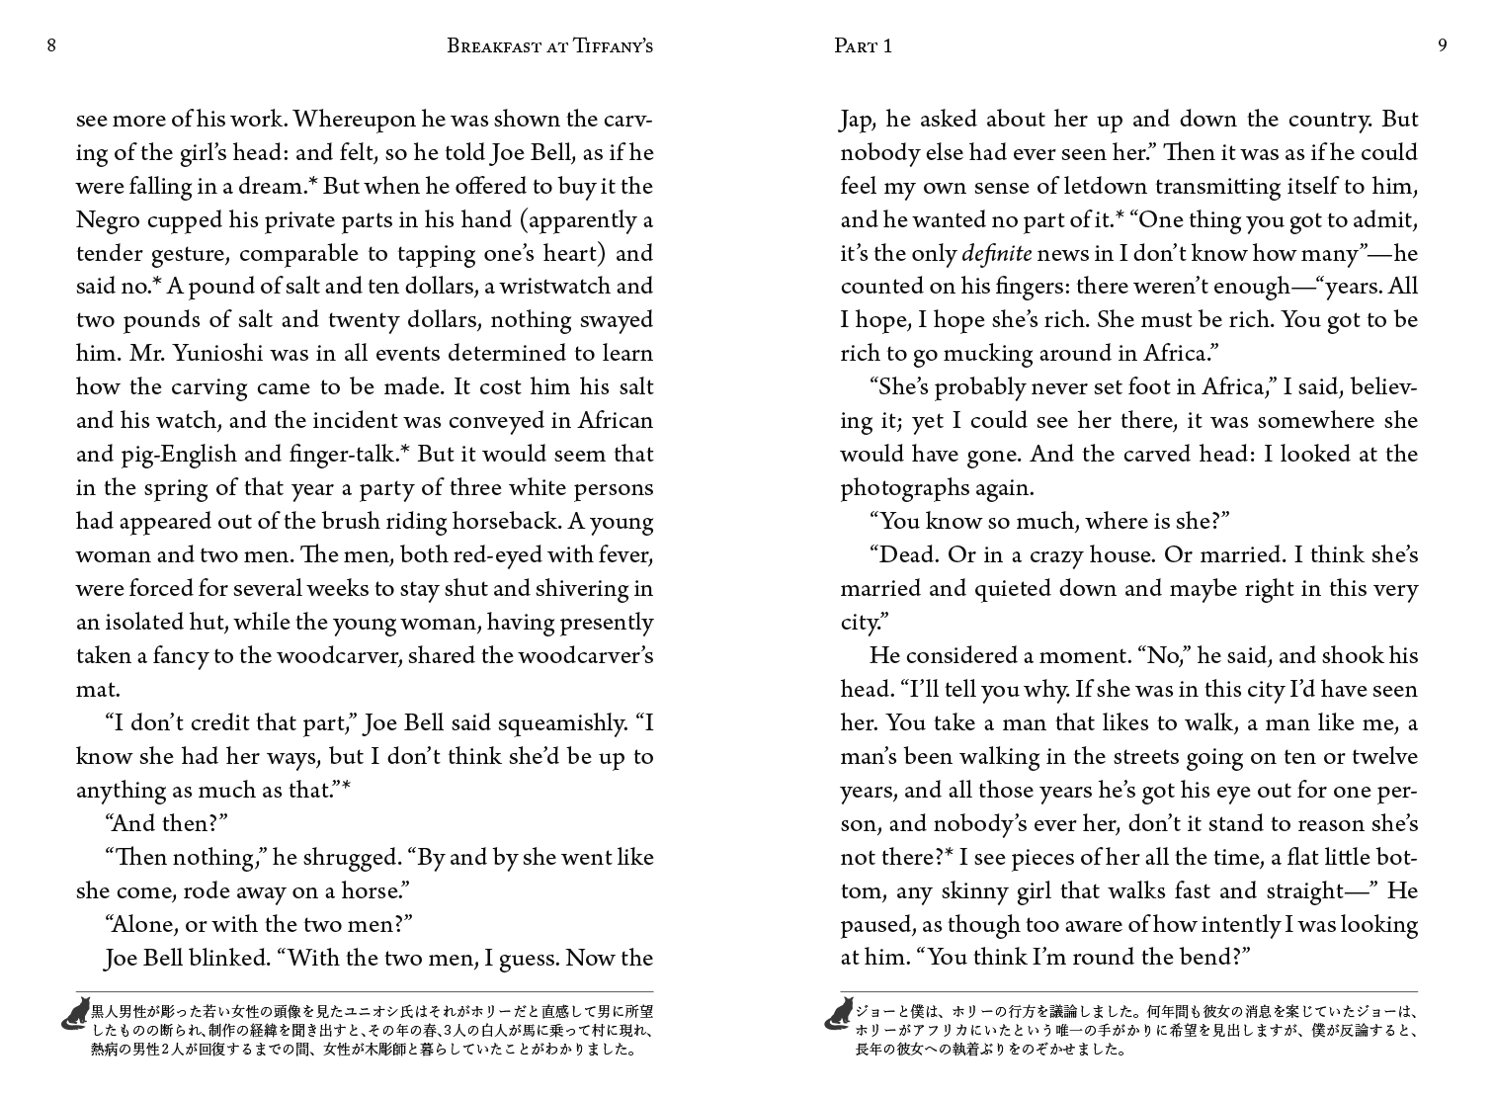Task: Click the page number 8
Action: pyautogui.click(x=51, y=45)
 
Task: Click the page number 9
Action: pyautogui.click(x=1443, y=45)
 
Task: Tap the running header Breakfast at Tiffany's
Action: pyautogui.click(x=549, y=45)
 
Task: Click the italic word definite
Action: pyautogui.click(x=996, y=254)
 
